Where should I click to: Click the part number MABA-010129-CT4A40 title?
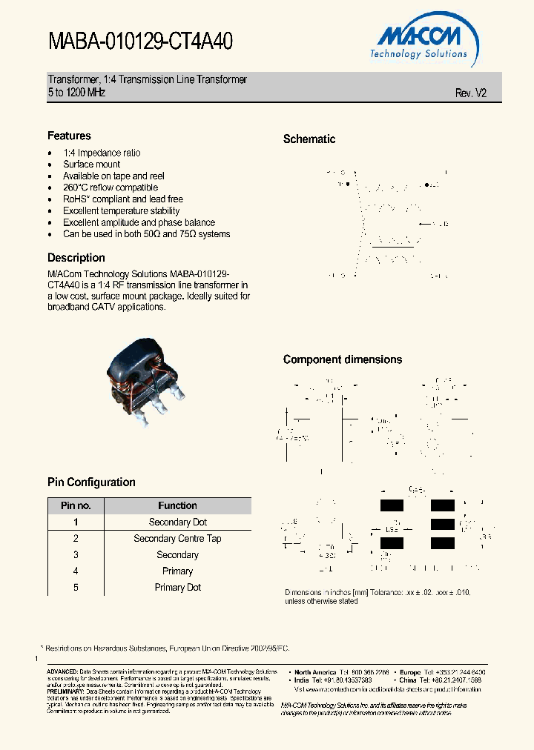[140, 42]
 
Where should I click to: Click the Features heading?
[69, 136]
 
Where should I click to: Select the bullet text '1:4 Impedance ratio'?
[102, 153]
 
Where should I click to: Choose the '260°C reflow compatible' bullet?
[111, 187]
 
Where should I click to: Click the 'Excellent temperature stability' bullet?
[121, 210]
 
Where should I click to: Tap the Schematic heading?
[309, 139]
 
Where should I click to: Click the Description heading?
[76, 258]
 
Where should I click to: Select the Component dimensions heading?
[343, 359]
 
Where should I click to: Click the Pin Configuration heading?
[91, 482]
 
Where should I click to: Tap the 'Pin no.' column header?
[76, 505]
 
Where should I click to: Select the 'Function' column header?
[177, 505]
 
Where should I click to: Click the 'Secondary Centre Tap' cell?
[177, 539]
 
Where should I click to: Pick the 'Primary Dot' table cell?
[177, 588]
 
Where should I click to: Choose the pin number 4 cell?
[76, 571]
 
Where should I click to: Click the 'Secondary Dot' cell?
[177, 522]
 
